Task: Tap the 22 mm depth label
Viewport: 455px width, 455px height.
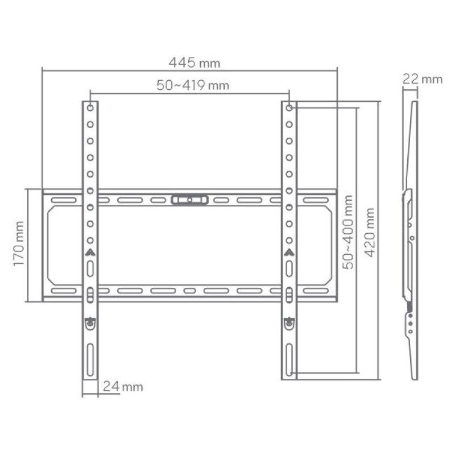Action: pyautogui.click(x=421, y=79)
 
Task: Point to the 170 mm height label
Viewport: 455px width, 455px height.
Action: pyautogui.click(x=19, y=245)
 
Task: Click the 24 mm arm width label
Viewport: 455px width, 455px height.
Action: pyautogui.click(x=122, y=387)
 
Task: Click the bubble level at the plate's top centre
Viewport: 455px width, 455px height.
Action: pyautogui.click(x=189, y=200)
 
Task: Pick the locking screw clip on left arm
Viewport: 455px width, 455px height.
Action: pyautogui.click(x=90, y=323)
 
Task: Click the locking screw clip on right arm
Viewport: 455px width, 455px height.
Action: pyautogui.click(x=289, y=323)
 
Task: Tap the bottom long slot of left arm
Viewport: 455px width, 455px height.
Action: pyautogui.click(x=90, y=358)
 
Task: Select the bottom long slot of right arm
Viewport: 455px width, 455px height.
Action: pyautogui.click(x=289, y=358)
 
